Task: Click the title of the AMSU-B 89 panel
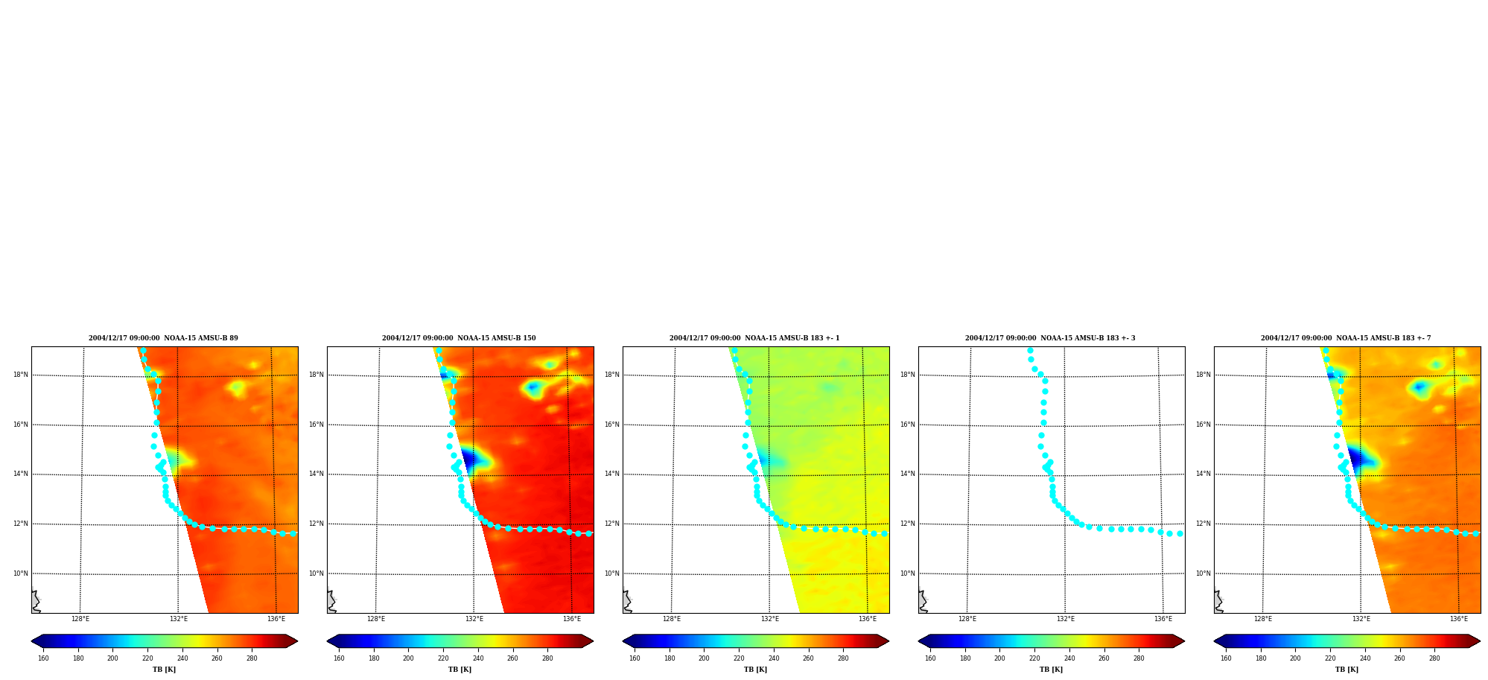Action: (163, 338)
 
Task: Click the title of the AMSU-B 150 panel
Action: (459, 338)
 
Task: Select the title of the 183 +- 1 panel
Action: (754, 338)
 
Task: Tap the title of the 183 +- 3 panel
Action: (1050, 338)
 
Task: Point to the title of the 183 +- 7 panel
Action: (1346, 338)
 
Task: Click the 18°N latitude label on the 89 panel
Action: (21, 375)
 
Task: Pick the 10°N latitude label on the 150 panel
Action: (317, 573)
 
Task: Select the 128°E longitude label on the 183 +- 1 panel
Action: (672, 619)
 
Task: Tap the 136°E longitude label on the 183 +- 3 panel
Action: (1163, 619)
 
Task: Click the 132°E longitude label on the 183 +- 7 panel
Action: (1361, 619)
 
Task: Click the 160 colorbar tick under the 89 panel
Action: (43, 658)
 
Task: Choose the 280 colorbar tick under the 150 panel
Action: (547, 658)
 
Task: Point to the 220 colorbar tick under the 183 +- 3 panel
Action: (1034, 658)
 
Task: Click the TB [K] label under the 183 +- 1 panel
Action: (755, 670)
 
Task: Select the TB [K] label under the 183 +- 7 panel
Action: (1346, 670)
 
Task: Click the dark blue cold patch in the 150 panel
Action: (469, 459)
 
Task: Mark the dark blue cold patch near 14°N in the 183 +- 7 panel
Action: (1356, 459)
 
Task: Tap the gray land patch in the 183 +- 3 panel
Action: (922, 602)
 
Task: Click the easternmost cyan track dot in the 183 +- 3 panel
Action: (1180, 533)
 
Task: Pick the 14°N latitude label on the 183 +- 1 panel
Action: (612, 474)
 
